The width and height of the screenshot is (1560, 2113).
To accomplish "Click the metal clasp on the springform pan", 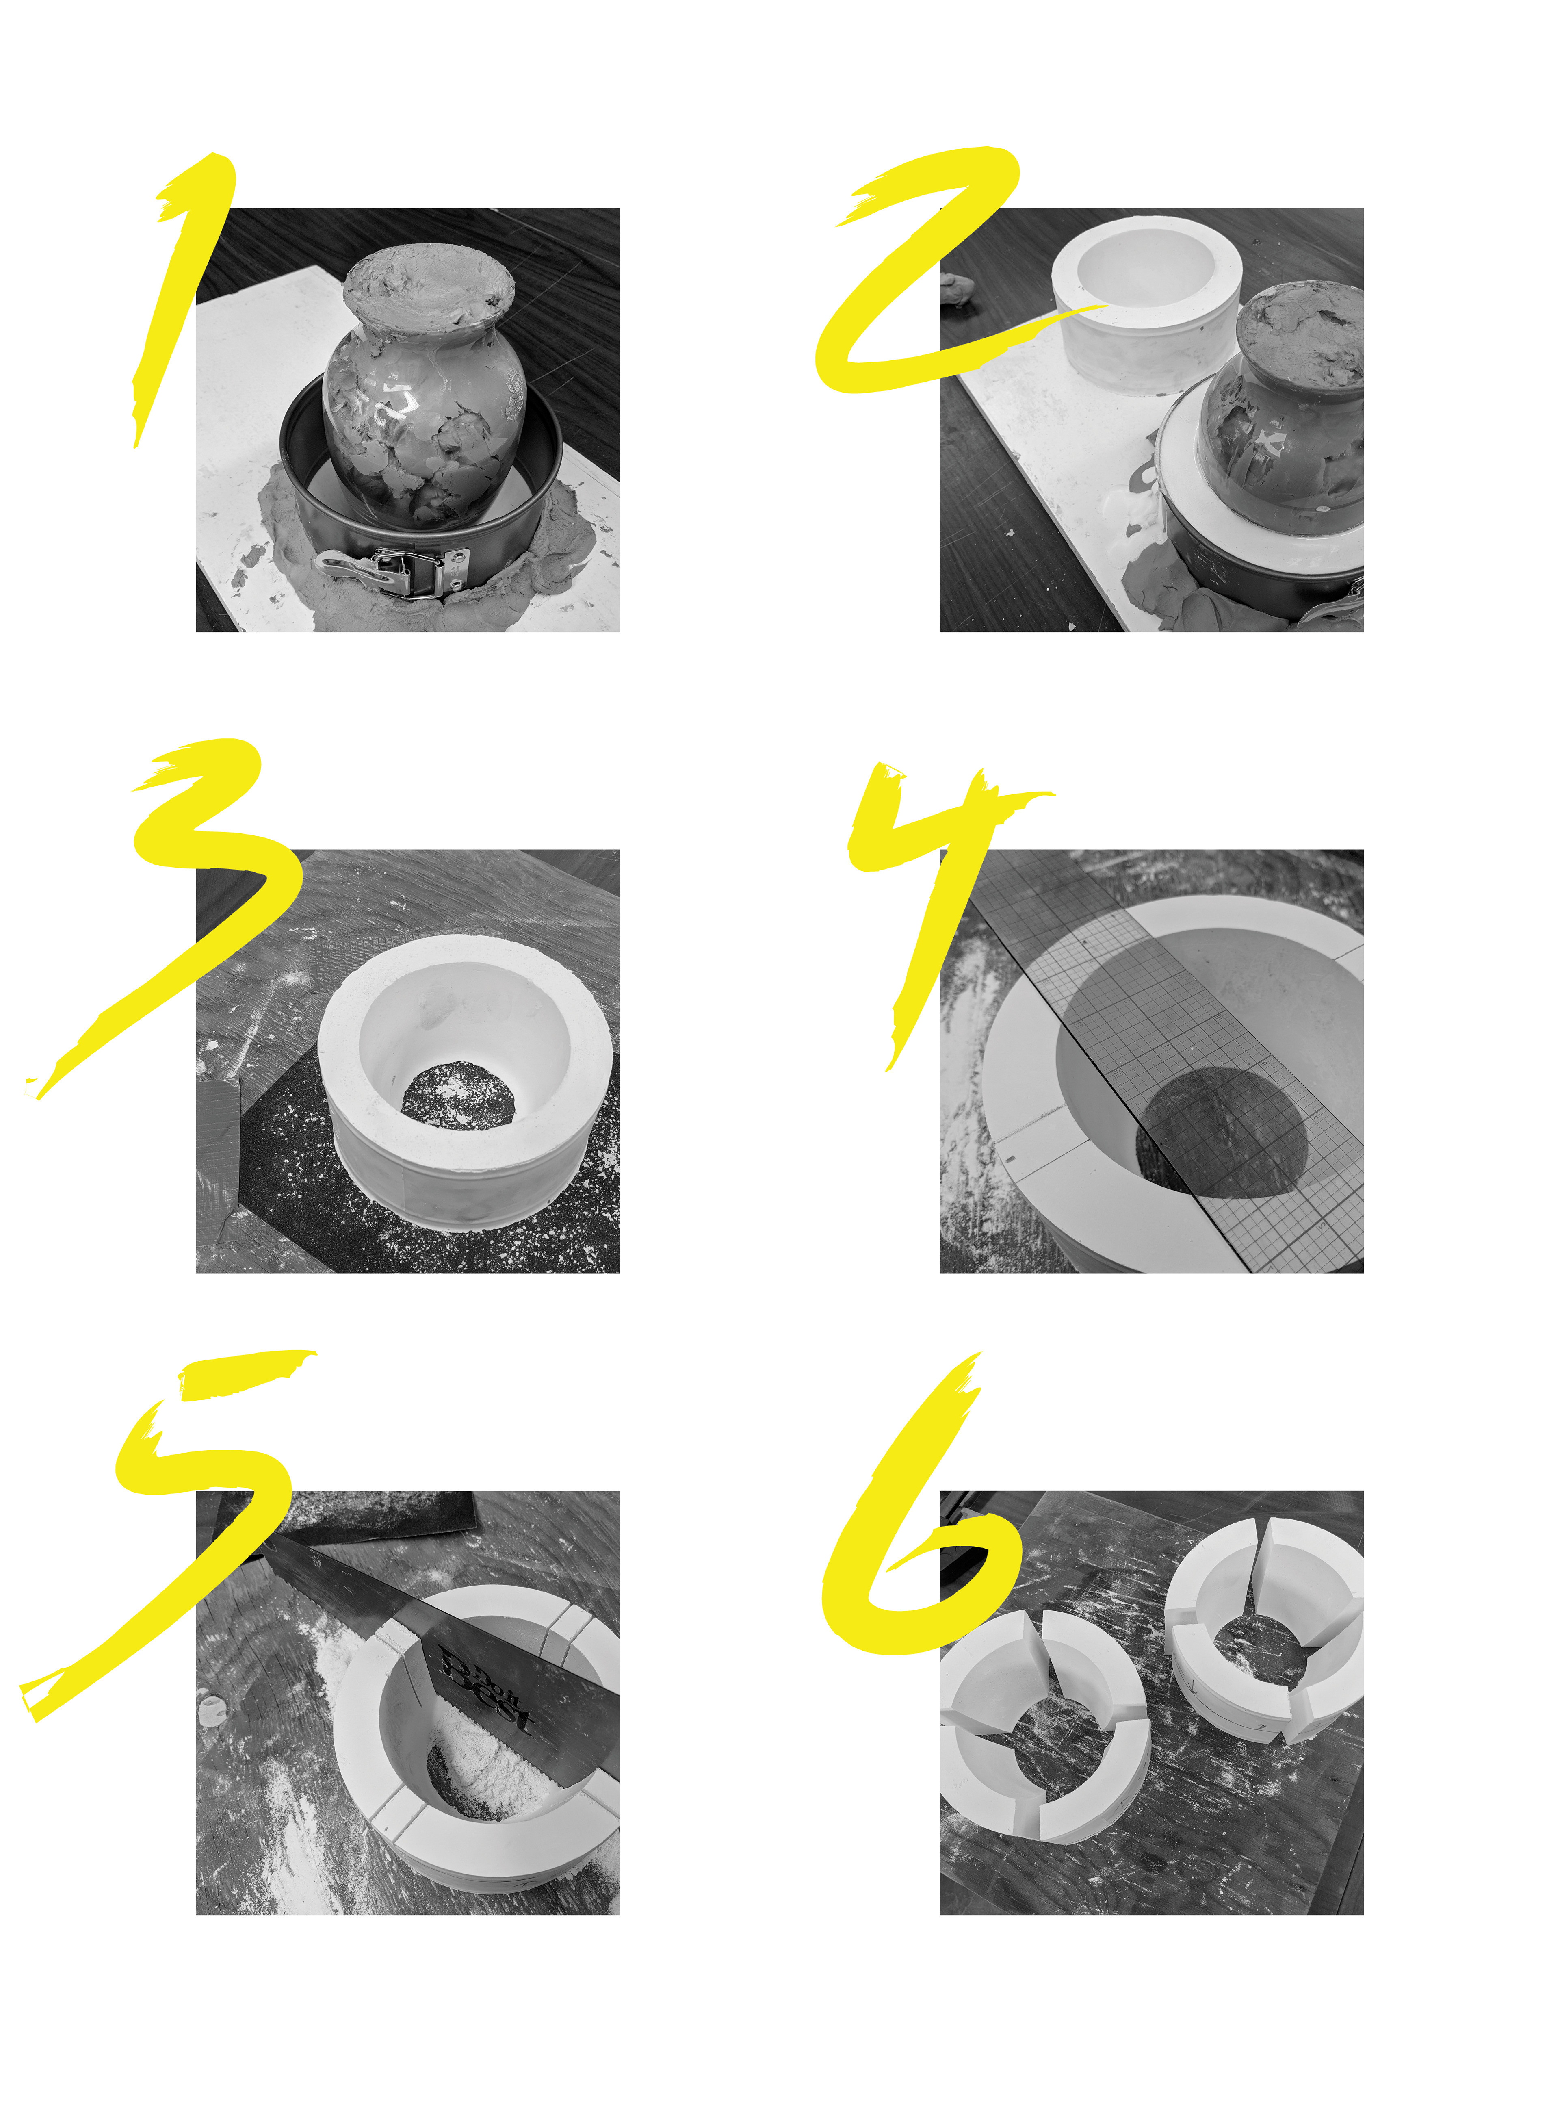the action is point(396,571).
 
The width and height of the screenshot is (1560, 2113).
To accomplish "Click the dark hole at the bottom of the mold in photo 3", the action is point(458,1096).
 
